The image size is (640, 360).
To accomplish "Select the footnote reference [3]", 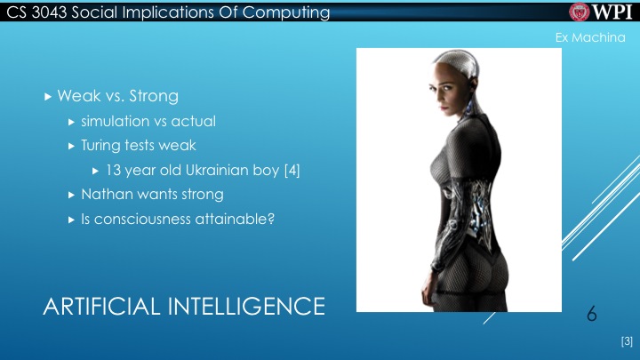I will click(x=626, y=341).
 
